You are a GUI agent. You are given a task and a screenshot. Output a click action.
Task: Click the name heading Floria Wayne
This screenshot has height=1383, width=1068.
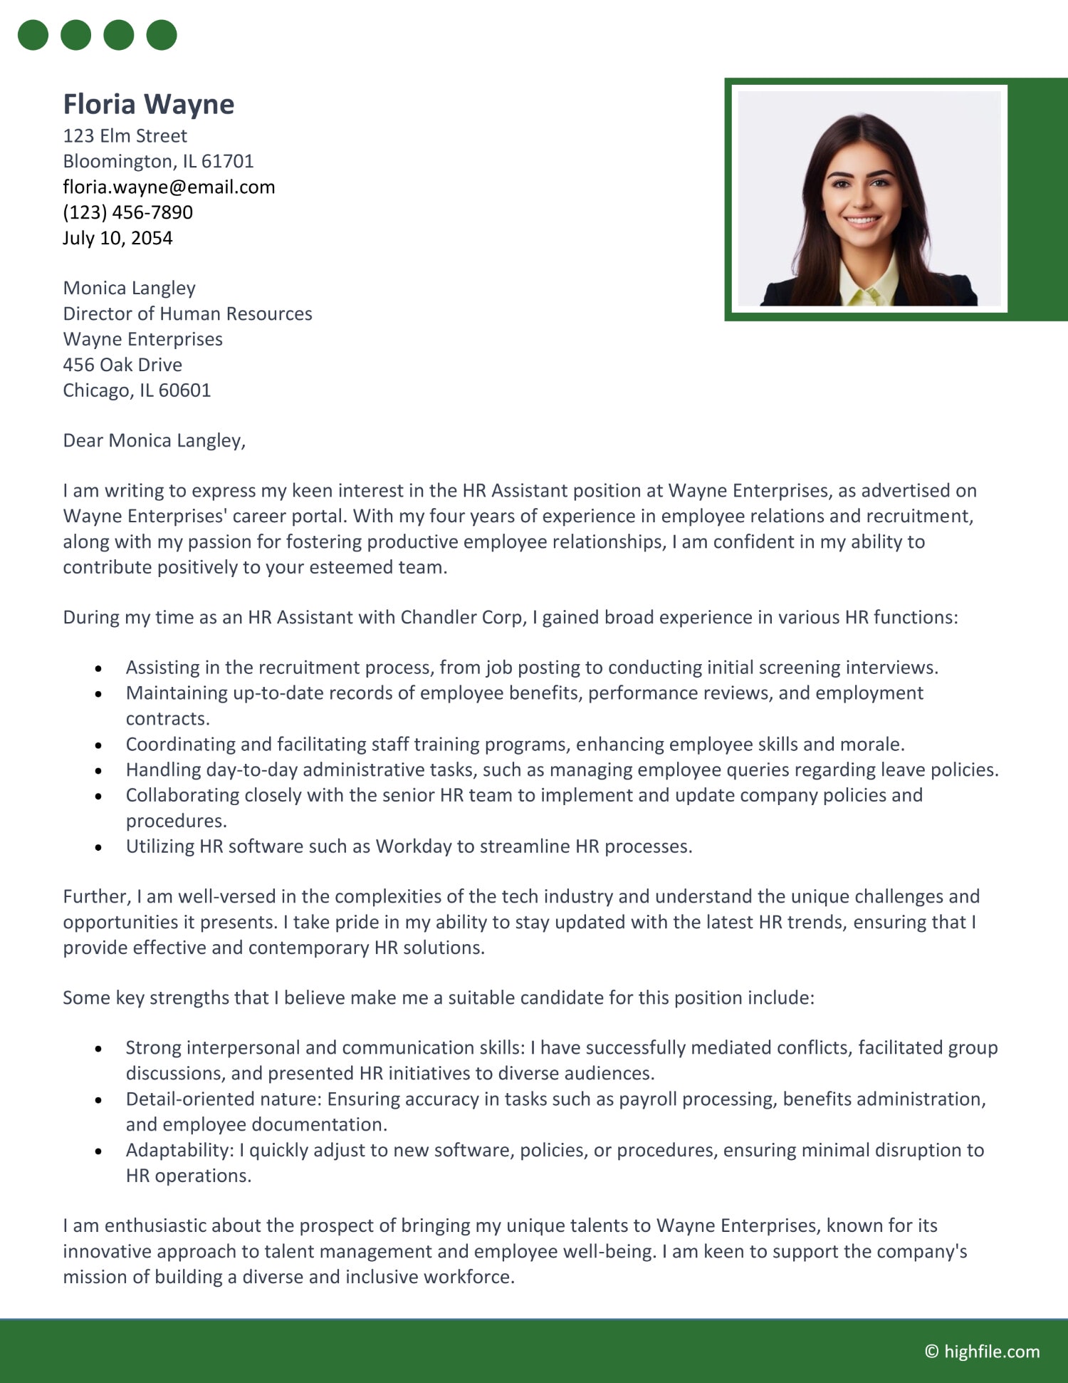pyautogui.click(x=148, y=104)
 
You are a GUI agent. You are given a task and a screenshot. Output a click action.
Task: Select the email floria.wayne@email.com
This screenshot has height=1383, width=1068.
pyautogui.click(x=169, y=187)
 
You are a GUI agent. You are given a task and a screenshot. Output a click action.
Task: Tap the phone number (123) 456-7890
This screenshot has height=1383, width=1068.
pyautogui.click(x=127, y=212)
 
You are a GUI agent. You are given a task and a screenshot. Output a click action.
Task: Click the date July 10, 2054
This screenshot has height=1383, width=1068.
pyautogui.click(x=117, y=238)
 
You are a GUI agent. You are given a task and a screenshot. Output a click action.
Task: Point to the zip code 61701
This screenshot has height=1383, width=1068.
pyautogui.click(x=227, y=161)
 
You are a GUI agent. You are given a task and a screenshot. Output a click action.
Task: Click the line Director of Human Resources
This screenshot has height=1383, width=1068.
pyautogui.click(x=187, y=314)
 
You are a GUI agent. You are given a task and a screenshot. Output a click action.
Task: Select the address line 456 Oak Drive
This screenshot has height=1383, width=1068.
pyautogui.click(x=122, y=365)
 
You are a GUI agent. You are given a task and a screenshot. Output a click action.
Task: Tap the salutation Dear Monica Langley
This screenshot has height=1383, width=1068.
pyautogui.click(x=154, y=440)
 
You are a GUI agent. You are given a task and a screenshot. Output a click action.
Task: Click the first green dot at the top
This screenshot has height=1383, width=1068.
pyautogui.click(x=33, y=35)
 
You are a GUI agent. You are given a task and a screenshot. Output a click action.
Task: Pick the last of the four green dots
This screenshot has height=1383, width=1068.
pyautogui.click(x=162, y=35)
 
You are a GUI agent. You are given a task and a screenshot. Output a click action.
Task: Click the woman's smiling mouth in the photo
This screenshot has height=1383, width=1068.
pyautogui.click(x=862, y=220)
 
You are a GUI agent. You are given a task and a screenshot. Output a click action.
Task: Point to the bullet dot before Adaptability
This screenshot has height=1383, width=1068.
pyautogui.click(x=98, y=1151)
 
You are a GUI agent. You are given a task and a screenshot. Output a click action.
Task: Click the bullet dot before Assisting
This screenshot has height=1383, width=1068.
pyautogui.click(x=98, y=668)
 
